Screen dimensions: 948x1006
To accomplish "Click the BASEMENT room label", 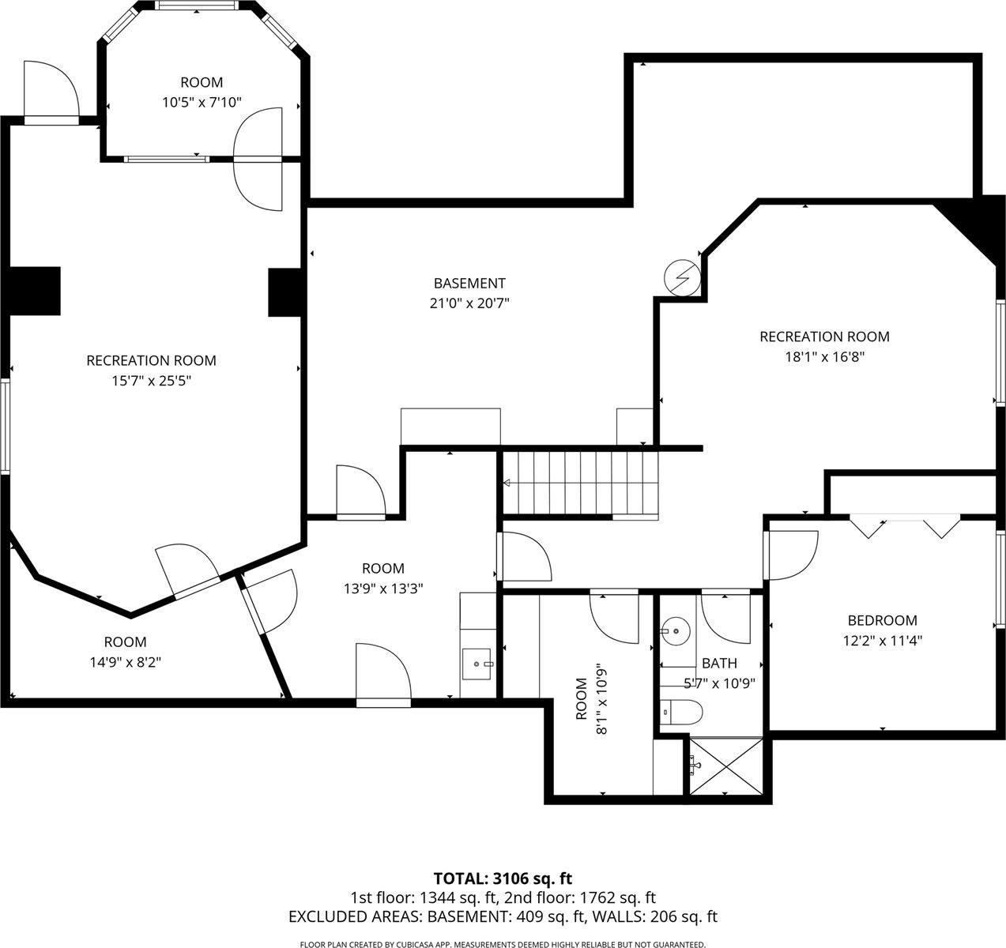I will pyautogui.click(x=469, y=283).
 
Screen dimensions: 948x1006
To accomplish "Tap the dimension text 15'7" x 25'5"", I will pyautogui.click(x=150, y=381).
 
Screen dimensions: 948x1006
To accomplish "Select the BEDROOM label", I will pyautogui.click(x=882, y=620).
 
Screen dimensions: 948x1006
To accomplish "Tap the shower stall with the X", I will pyautogui.click(x=726, y=766).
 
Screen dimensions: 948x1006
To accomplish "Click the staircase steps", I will pyautogui.click(x=581, y=482).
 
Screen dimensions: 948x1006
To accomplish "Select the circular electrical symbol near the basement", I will pyautogui.click(x=681, y=276).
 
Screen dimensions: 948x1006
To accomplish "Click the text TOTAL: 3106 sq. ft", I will pyautogui.click(x=503, y=878).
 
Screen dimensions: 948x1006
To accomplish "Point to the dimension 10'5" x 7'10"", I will pyautogui.click(x=202, y=102).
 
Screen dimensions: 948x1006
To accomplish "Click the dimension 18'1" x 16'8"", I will pyautogui.click(x=824, y=356).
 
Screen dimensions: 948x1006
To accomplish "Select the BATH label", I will pyautogui.click(x=719, y=663).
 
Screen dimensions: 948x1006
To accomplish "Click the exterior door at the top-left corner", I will pyautogui.click(x=49, y=93).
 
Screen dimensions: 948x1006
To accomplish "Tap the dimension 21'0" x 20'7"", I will pyautogui.click(x=469, y=303).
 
